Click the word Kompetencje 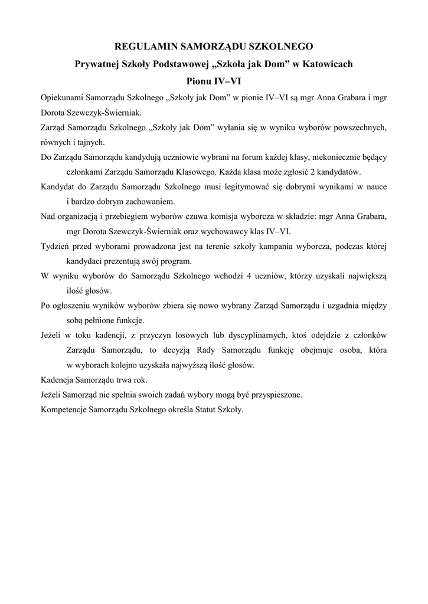click(x=61, y=409)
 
